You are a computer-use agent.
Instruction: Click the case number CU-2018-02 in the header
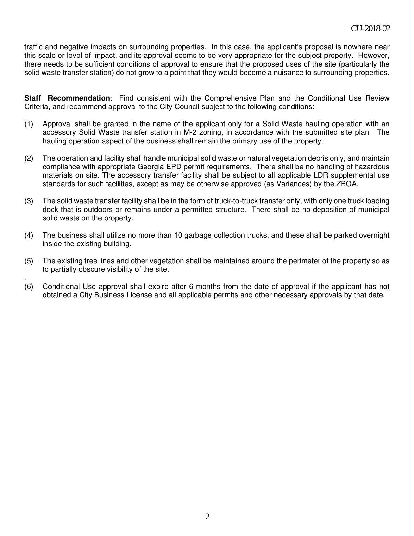(370, 29)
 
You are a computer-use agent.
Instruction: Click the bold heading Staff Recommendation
(67, 98)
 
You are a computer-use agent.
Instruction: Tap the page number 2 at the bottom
(207, 517)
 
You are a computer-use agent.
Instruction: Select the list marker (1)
(29, 124)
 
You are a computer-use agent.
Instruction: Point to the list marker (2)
(29, 158)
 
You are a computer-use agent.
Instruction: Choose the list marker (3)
(29, 201)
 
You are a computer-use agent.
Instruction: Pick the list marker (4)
(29, 235)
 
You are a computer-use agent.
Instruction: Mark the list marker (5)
(29, 261)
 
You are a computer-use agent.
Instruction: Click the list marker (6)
(29, 287)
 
